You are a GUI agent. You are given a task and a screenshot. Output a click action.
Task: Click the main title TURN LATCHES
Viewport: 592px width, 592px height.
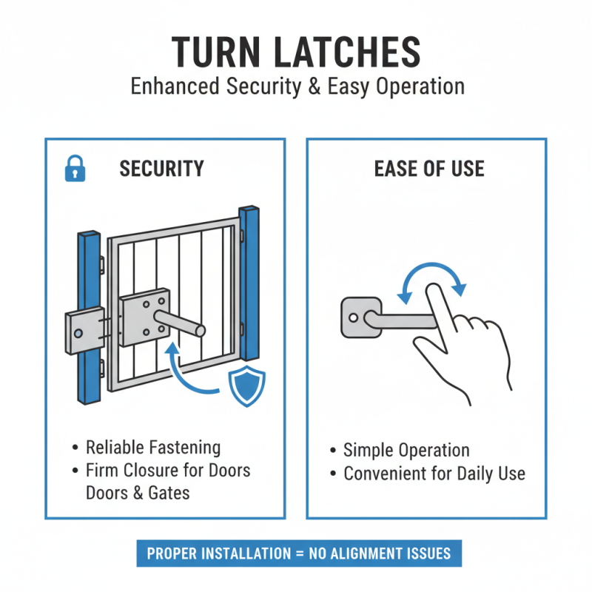pos(296,51)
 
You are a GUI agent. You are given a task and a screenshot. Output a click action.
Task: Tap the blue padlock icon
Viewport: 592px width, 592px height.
pos(75,170)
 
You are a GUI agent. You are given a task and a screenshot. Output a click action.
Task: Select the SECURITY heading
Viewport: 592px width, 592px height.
pos(161,169)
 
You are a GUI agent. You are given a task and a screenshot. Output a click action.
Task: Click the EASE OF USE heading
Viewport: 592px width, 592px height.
pos(428,169)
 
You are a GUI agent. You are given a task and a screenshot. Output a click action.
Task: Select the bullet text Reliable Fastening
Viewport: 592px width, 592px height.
pos(153,447)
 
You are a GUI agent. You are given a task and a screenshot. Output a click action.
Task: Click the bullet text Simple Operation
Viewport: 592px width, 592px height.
pos(406,451)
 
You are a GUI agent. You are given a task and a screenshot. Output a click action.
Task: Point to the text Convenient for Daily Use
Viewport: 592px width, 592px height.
pos(434,474)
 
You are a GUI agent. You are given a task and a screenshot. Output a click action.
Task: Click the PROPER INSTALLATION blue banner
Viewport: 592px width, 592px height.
pos(299,554)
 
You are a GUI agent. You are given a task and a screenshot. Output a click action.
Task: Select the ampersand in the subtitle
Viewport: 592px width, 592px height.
pos(312,86)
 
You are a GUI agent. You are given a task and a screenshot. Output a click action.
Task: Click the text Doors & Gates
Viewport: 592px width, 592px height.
pos(138,492)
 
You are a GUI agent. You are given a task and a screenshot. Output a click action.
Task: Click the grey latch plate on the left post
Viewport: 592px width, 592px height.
pos(83,332)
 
